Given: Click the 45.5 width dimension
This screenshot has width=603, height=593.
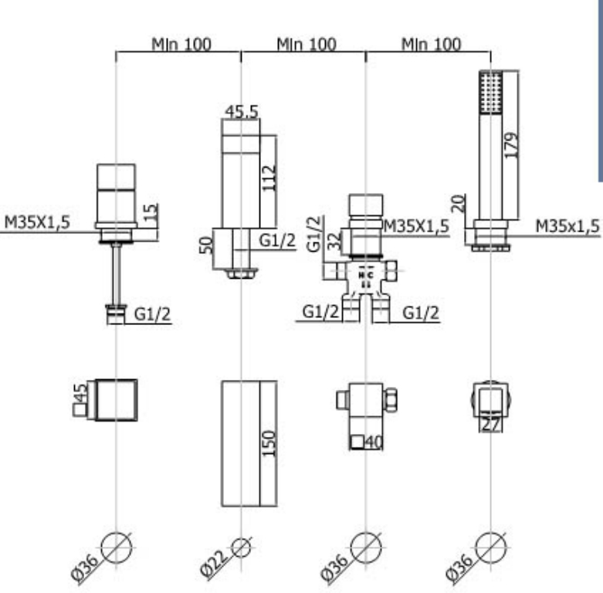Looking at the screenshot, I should point(242,111).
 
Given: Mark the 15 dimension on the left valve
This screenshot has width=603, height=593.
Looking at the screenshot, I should point(151,211).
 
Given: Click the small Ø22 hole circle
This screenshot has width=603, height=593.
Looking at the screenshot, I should point(241,547).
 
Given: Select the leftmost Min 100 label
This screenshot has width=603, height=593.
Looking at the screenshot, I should point(181,44).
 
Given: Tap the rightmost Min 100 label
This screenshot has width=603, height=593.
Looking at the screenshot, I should point(432,44).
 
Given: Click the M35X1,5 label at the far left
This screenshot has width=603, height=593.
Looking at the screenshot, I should point(37,222).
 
